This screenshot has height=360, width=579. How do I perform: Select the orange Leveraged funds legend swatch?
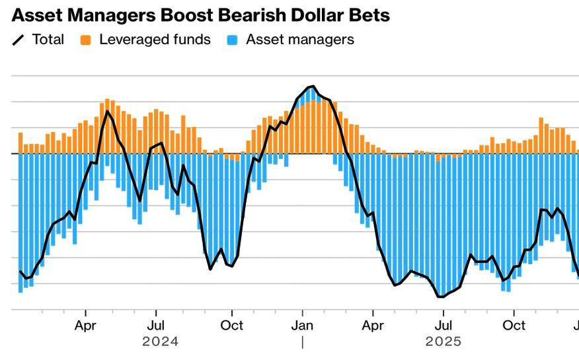coord(86,40)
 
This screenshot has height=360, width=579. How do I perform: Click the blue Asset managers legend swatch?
coord(233,40)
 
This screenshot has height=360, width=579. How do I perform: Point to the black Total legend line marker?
coord(19,40)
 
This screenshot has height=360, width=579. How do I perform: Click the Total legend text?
coord(48,40)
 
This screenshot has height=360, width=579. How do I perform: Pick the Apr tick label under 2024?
coord(85,325)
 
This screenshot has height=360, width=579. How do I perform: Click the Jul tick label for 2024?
coord(156,325)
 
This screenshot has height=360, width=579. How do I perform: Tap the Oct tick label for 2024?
coord(231,325)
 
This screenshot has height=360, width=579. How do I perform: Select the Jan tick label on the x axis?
coord(302,325)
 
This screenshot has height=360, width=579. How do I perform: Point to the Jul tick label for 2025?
coord(444,325)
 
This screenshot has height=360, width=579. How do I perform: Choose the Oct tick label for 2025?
coord(514,325)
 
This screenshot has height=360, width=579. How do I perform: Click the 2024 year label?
coord(160,342)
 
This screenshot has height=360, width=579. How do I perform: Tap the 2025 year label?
coord(443,342)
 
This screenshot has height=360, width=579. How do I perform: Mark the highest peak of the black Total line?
coord(312,87)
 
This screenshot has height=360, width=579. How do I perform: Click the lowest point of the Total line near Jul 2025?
coord(440,297)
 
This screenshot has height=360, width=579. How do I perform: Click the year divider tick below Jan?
coord(302,342)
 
